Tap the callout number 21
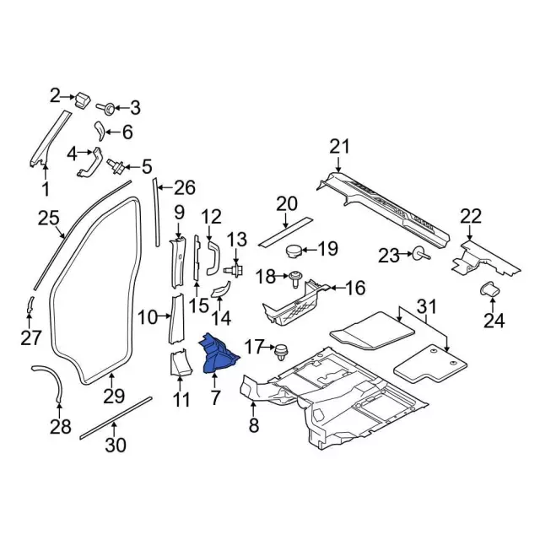pyautogui.click(x=338, y=148)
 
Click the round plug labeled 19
pyautogui.click(x=294, y=250)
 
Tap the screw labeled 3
pyautogui.click(x=110, y=108)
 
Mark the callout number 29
pyautogui.click(x=113, y=396)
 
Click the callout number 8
pyautogui.click(x=254, y=426)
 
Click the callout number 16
pyautogui.click(x=355, y=288)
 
